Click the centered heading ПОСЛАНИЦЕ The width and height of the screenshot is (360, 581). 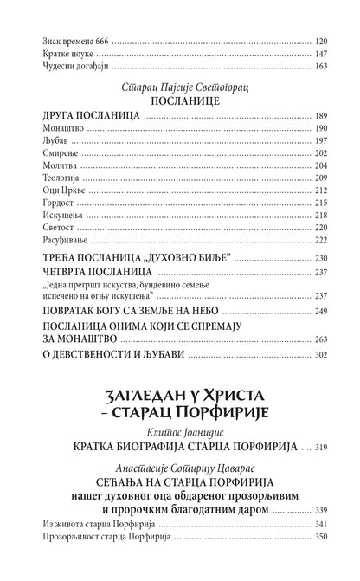click(x=180, y=100)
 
